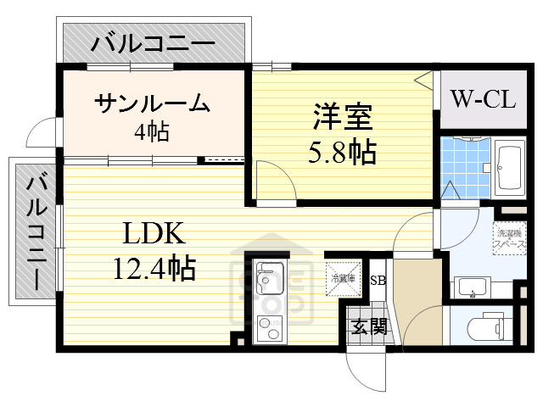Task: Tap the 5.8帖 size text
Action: [x=341, y=153]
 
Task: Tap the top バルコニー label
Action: [x=154, y=41]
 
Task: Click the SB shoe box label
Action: [x=378, y=279]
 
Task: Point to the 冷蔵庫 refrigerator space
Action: [x=344, y=277]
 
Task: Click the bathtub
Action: [x=510, y=169]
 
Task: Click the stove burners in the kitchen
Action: [x=271, y=326]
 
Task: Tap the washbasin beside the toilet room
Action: [x=472, y=287]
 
